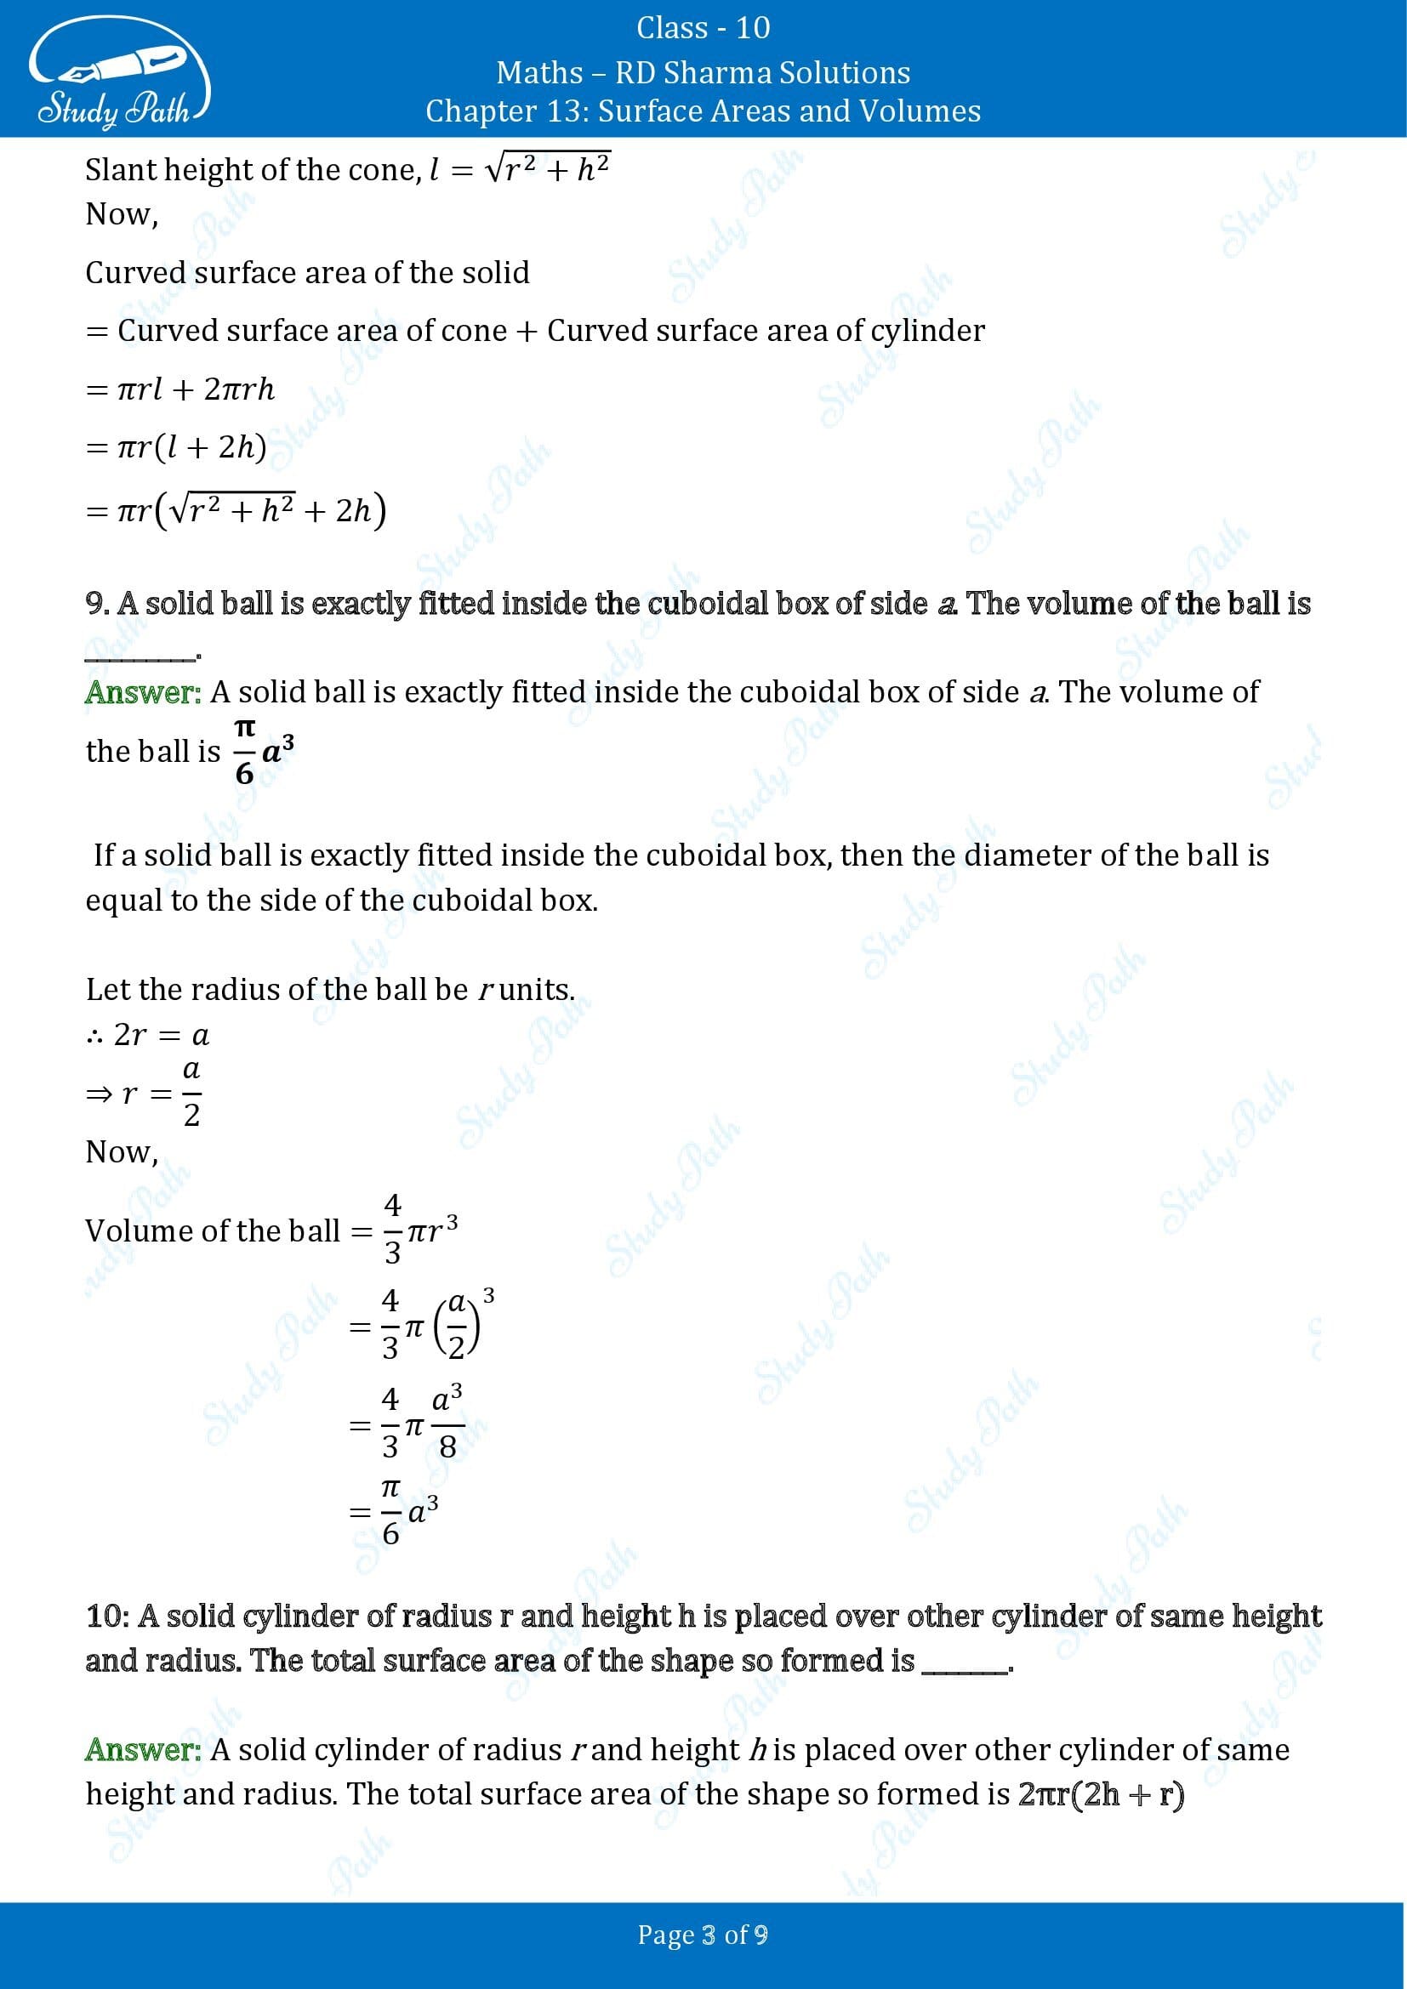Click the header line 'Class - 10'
tap(703, 28)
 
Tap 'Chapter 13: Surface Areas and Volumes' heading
tap(703, 111)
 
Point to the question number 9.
tap(96, 604)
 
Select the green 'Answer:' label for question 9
tap(143, 692)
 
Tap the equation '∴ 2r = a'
tap(148, 1034)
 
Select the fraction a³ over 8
tap(447, 1424)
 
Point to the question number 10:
tap(107, 1617)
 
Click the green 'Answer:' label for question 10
tap(143, 1750)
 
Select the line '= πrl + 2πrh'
tap(180, 389)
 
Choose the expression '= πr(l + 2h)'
tap(177, 447)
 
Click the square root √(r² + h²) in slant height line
tap(548, 168)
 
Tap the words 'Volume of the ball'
tap(213, 1231)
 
